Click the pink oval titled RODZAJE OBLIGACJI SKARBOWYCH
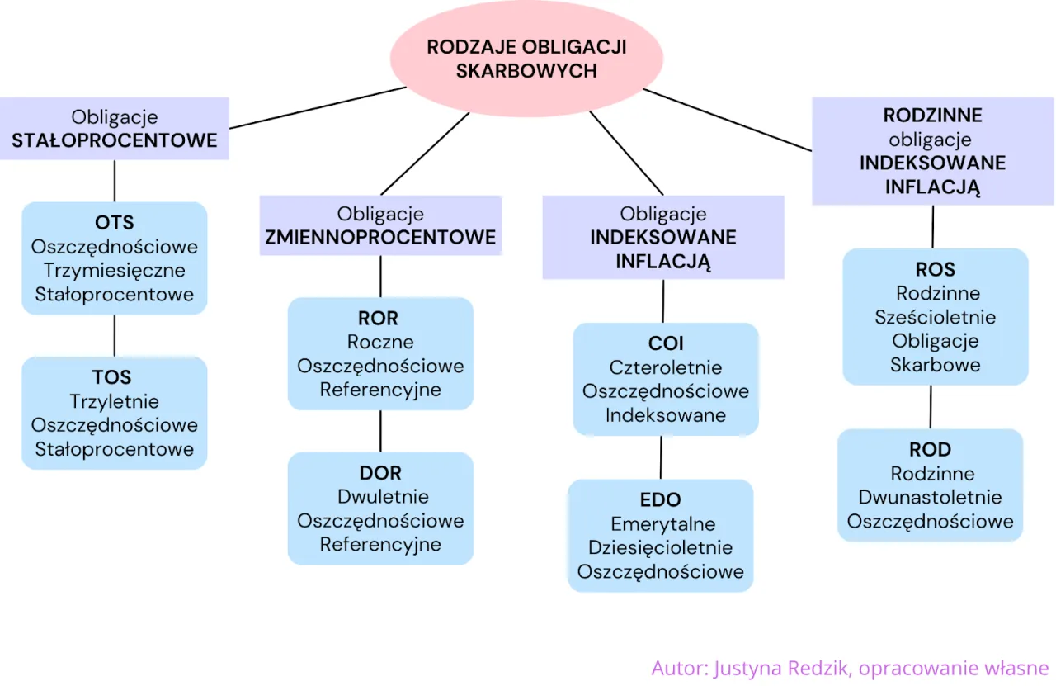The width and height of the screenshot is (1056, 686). click(x=526, y=59)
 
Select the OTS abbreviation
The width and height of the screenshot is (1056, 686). click(x=114, y=223)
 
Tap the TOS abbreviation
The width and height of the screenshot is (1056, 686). click(x=112, y=378)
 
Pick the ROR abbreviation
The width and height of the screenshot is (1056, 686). click(x=379, y=319)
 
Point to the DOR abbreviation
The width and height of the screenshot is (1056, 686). click(x=380, y=473)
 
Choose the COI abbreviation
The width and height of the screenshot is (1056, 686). click(x=665, y=343)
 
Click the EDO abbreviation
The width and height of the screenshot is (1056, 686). click(x=660, y=500)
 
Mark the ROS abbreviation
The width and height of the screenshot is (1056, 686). click(x=936, y=270)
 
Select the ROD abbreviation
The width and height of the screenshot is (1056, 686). click(x=931, y=450)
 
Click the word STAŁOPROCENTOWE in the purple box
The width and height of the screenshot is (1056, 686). click(x=115, y=141)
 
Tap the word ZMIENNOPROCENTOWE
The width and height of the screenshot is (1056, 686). click(x=380, y=238)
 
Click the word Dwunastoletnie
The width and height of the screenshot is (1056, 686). click(x=931, y=497)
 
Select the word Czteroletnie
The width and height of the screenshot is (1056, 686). click(x=665, y=367)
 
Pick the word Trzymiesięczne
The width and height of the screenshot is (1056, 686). click(x=115, y=271)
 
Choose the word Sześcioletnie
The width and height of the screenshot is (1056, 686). click(x=936, y=318)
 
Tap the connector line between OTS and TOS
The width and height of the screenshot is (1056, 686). click(x=114, y=335)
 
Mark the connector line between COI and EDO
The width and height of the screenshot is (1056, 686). click(x=662, y=457)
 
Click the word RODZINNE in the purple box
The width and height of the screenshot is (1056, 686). click(x=933, y=116)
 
